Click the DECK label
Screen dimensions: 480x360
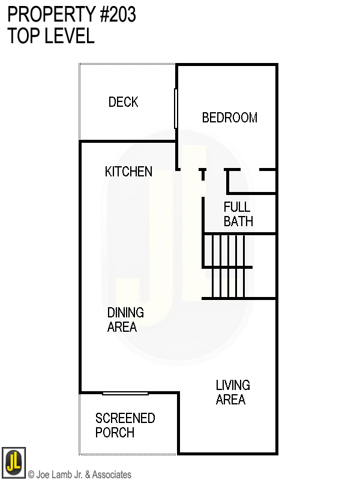click(123, 102)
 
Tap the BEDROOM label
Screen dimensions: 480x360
click(229, 118)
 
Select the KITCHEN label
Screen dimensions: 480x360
click(128, 172)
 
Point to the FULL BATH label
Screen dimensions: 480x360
click(238, 214)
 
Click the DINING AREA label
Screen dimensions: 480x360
click(125, 320)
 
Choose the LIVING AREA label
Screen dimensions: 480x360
click(233, 392)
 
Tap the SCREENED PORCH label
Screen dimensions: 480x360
click(125, 425)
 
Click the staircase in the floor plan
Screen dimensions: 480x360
click(231, 266)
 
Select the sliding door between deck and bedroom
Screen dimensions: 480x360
click(176, 109)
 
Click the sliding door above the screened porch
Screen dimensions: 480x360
click(125, 394)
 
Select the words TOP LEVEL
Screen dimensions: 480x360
click(50, 35)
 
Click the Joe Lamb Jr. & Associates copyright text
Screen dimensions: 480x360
click(80, 475)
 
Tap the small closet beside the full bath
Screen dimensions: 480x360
click(251, 181)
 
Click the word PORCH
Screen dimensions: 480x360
click(115, 433)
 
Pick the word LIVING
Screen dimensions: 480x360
click(233, 385)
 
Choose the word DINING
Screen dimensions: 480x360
click(125, 313)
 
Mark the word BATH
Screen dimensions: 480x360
click(238, 221)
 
